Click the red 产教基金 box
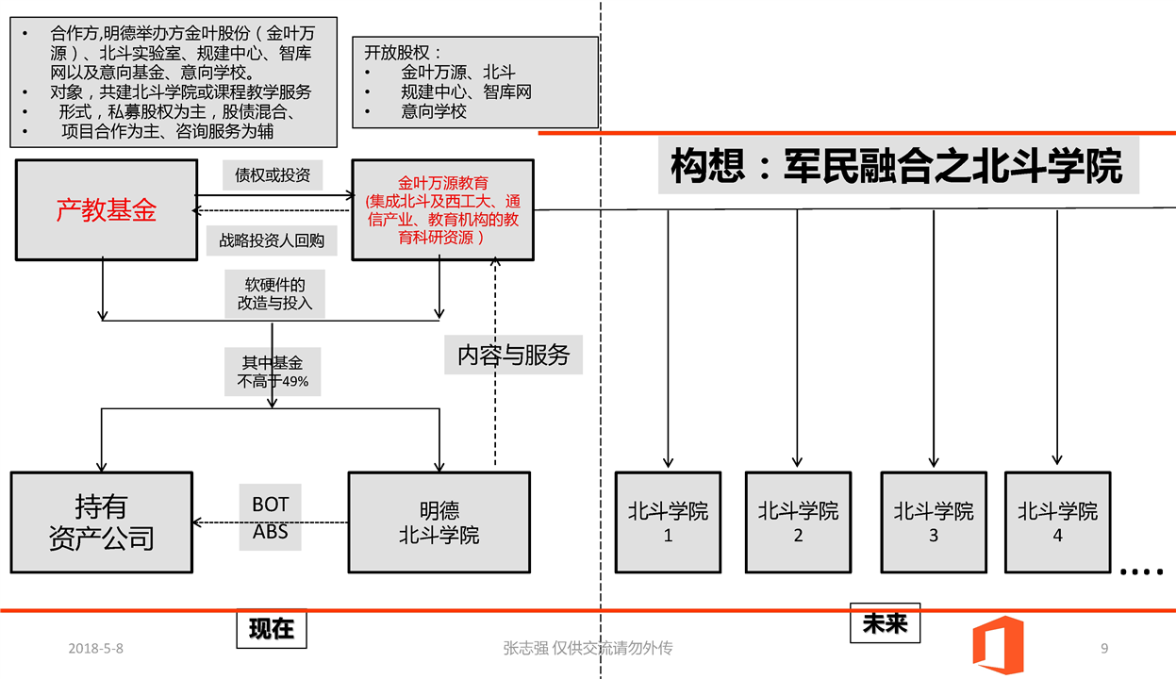point(107,209)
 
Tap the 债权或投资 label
point(273,174)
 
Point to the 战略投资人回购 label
point(272,240)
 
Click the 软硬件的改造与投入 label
point(273,294)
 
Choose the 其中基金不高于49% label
point(273,372)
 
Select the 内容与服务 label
point(514,356)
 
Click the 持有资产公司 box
point(101,522)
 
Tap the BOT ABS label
point(271,517)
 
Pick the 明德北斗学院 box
point(439,522)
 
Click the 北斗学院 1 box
point(669,522)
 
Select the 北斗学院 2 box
point(798,522)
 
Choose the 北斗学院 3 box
point(934,522)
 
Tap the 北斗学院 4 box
point(1057,522)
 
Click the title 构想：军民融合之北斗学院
point(896,167)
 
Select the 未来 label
point(885,622)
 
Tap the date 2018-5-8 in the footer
point(96,649)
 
